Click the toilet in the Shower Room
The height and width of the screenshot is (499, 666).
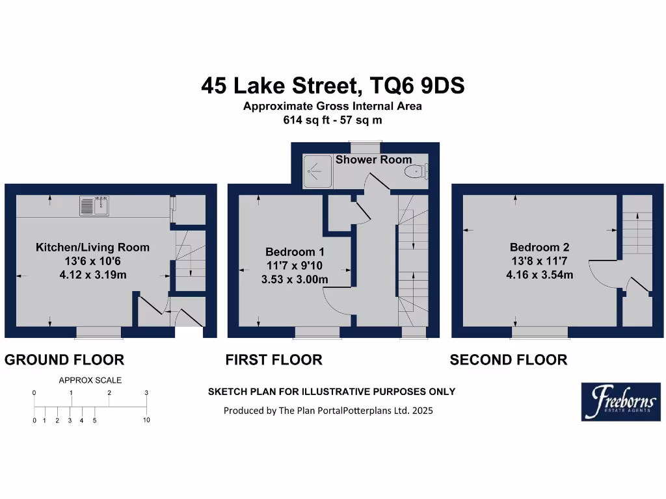[415, 172]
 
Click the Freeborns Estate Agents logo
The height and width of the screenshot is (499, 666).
[620, 402]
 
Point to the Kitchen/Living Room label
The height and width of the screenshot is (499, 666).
[92, 248]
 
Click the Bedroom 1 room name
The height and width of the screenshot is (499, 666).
[295, 252]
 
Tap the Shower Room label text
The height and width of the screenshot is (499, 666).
[373, 160]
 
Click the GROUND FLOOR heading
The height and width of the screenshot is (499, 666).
[64, 360]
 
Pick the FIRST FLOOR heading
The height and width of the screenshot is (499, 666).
[274, 360]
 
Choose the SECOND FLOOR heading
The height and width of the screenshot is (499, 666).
[509, 360]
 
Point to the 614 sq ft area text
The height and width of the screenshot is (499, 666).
[306, 120]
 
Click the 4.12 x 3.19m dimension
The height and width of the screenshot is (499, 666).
[92, 275]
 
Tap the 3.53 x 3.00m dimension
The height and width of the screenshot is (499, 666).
[295, 280]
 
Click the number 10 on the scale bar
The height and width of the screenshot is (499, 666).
[146, 420]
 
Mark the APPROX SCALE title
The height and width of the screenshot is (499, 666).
[90, 381]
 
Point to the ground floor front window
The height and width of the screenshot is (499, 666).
[99, 333]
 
